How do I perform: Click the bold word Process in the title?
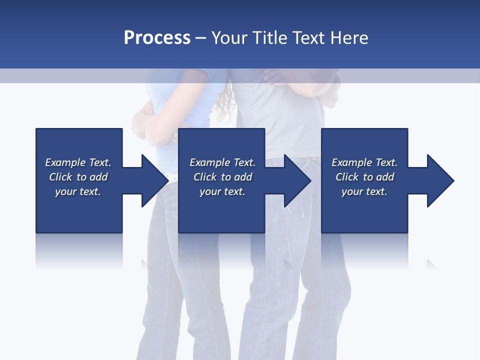point(157,38)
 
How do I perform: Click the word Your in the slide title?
point(229,38)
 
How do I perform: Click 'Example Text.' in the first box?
point(78,162)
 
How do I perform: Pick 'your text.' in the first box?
point(78,191)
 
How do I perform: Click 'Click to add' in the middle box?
point(222,177)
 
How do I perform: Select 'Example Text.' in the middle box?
point(222,162)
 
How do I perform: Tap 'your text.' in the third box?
point(364,191)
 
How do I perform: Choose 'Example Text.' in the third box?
point(364,162)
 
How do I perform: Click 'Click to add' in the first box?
point(78,177)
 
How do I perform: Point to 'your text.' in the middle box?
point(222,191)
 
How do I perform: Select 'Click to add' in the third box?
point(364,177)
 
